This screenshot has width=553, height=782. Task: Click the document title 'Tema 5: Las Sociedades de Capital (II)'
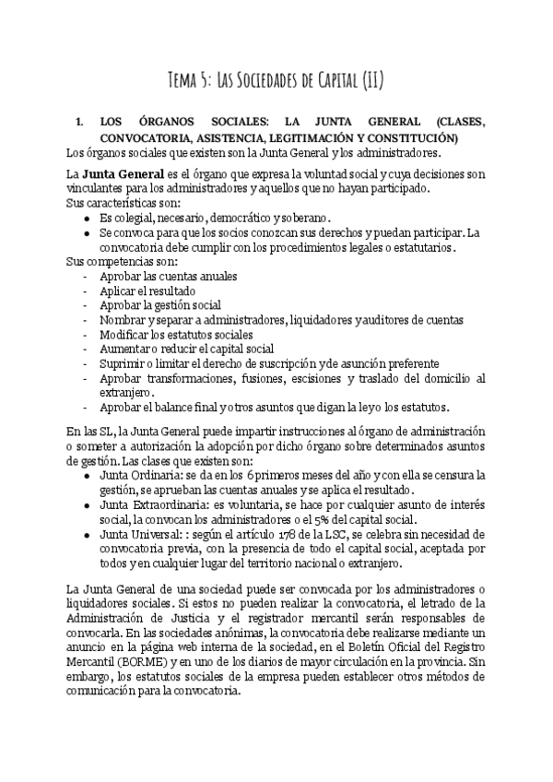276,81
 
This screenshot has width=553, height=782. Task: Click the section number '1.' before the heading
79,122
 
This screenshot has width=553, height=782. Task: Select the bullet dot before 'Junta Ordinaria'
86,475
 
